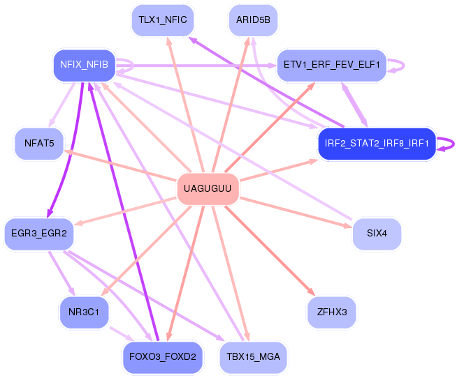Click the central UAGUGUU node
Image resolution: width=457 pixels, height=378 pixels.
tap(208, 188)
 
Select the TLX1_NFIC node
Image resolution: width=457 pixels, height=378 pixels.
tap(163, 20)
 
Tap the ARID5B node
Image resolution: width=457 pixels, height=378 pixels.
tap(253, 20)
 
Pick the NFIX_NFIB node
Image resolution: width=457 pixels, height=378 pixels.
tap(85, 65)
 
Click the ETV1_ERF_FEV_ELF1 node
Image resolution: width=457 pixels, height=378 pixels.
tap(332, 65)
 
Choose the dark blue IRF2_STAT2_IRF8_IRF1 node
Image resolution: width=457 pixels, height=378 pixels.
tap(377, 144)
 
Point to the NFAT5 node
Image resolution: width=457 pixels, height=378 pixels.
tap(39, 144)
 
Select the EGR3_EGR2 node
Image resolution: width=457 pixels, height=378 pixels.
tap(39, 234)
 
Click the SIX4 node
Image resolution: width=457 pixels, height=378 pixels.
tap(377, 234)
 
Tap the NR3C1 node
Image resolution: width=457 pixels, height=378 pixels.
tap(85, 312)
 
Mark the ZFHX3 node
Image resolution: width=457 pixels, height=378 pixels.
tap(332, 312)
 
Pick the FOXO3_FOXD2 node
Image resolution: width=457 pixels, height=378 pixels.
tap(163, 357)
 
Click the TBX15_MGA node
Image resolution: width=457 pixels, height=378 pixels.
tap(253, 357)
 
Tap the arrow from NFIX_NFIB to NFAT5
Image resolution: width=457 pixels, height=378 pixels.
tap(61, 105)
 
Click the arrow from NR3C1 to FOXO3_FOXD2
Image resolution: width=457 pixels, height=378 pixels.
tap(122, 334)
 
